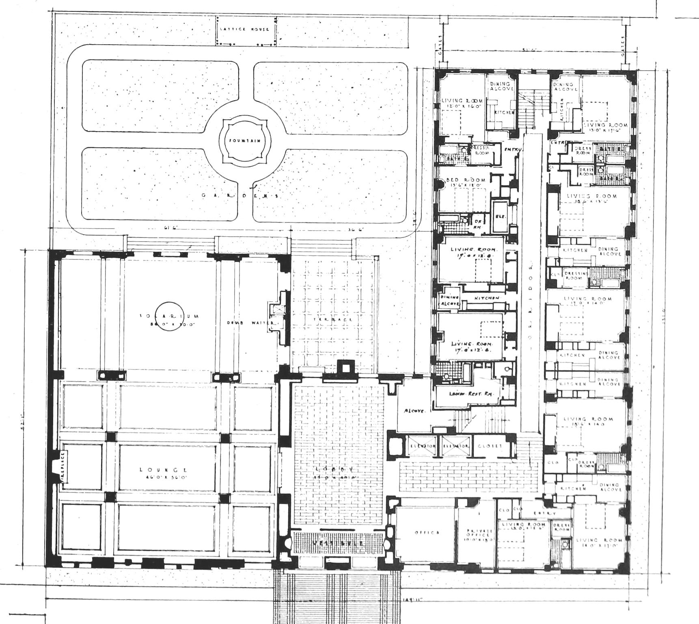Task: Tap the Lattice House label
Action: [244, 29]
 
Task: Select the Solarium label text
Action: [169, 316]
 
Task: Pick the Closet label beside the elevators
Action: [489, 446]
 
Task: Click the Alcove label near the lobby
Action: [414, 411]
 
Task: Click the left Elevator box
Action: [422, 446]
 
